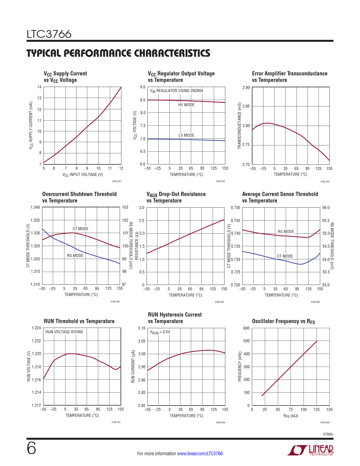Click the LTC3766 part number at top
pos(49,34)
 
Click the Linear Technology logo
pos(310,450)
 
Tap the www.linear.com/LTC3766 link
pos(200,454)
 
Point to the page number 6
pos(31,448)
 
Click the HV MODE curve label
pos(186,105)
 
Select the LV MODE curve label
pos(186,135)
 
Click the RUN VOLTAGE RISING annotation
pos(64,332)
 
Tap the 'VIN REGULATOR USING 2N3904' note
pos(176,91)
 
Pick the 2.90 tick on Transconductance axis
pos(246,88)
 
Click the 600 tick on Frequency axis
pos(246,328)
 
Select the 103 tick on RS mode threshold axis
pos(125,207)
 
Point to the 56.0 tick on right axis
pos(326,208)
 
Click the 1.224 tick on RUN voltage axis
pos(36,328)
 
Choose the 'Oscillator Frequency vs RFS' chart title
pos(283,321)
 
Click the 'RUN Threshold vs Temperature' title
pos(79,321)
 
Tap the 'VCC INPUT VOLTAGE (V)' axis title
pos(82,175)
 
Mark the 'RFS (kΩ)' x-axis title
pos(291,416)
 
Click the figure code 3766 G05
pos(219,302)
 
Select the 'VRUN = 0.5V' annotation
pos(160,332)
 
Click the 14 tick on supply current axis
pos(39,87)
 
